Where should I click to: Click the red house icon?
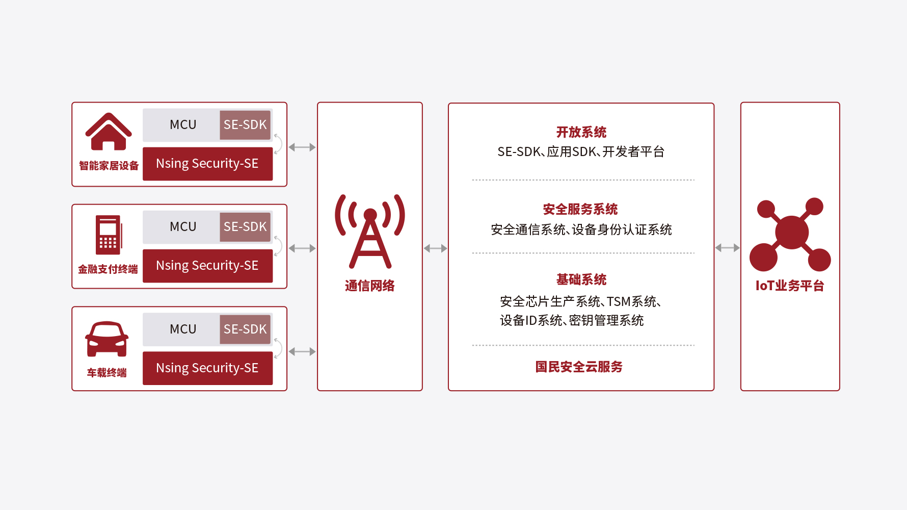(109, 132)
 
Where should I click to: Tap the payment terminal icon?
(109, 235)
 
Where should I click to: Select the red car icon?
(106, 339)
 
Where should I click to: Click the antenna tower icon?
(370, 231)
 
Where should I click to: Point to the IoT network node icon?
(790, 234)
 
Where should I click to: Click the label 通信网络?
(370, 286)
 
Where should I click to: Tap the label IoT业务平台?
(790, 286)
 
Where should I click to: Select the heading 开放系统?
(581, 132)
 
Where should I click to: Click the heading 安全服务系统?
(580, 209)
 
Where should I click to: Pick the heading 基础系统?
(581, 279)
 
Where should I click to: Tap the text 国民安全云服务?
(579, 367)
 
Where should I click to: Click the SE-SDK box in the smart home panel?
(245, 125)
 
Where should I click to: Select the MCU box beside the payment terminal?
(182, 227)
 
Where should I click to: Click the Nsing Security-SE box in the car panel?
(207, 368)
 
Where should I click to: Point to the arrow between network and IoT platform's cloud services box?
(435, 248)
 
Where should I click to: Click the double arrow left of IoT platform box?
(727, 248)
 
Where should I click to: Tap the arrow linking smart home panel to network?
(302, 147)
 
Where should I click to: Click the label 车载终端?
(106, 373)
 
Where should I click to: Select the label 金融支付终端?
(108, 269)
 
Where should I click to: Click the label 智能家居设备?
(109, 166)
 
